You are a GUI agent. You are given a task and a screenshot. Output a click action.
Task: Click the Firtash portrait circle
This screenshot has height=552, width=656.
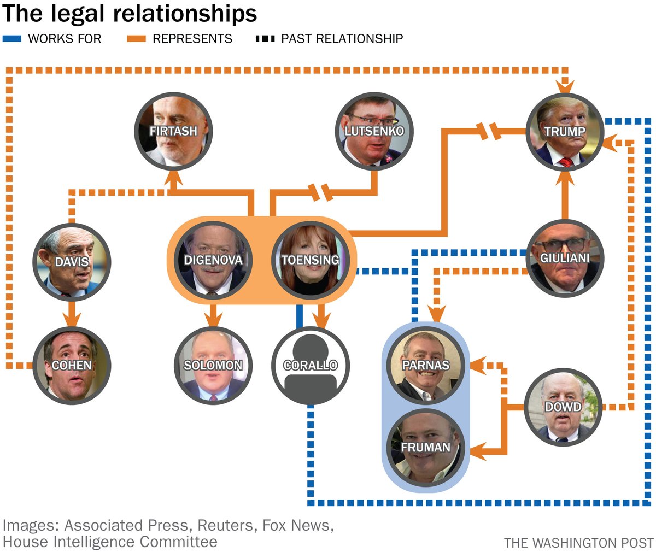tap(173, 131)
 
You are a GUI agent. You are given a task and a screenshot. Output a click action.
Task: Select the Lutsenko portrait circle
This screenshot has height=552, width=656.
tap(374, 131)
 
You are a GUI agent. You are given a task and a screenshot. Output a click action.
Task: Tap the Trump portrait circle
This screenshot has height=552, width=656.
tap(565, 132)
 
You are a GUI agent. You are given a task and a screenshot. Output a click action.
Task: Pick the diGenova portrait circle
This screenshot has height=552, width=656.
tap(213, 260)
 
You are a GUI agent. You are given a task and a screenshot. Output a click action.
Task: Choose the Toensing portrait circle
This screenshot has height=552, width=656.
tap(311, 260)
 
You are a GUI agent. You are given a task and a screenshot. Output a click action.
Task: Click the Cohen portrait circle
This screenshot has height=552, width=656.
tap(72, 365)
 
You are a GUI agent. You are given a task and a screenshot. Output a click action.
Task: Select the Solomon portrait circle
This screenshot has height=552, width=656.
tap(213, 365)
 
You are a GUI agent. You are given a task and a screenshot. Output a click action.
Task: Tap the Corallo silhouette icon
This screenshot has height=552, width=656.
tap(311, 365)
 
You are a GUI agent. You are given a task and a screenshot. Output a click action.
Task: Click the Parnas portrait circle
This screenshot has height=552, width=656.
tap(426, 365)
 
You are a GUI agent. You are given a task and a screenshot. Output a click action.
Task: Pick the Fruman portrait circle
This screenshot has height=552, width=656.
tap(426, 447)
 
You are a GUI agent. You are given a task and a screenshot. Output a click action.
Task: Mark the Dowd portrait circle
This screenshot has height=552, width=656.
tap(563, 407)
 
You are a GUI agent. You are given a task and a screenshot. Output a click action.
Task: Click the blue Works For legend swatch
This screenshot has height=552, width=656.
tap(11, 39)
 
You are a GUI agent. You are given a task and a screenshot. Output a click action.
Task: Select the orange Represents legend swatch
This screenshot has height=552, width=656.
tap(136, 39)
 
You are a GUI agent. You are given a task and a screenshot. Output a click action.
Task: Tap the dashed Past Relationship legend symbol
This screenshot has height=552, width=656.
tap(265, 39)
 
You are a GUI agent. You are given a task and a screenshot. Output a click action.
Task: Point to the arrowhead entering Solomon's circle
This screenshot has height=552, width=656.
tap(213, 319)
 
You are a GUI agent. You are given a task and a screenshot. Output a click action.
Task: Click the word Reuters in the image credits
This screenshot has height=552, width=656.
tap(226, 526)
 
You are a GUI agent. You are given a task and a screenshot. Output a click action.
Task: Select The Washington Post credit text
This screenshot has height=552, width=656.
tap(578, 543)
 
